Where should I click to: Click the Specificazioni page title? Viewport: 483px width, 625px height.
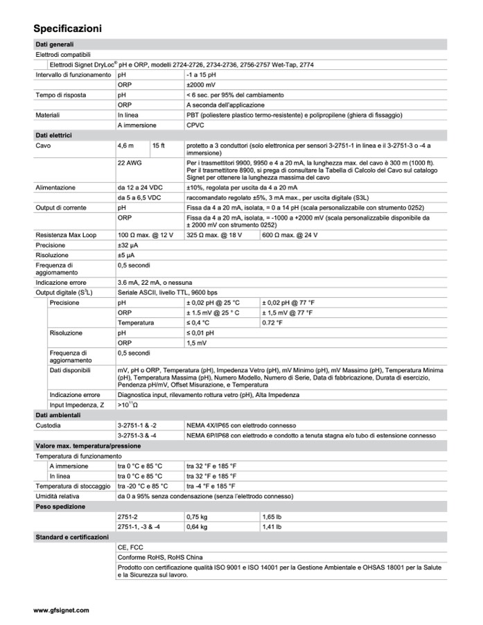pos(68,28)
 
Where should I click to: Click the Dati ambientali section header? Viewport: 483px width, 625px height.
pos(58,414)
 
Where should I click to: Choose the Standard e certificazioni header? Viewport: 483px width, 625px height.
pos(72,537)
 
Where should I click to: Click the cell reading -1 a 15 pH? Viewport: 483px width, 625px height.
pos(202,74)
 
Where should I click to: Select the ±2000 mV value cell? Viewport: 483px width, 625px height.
pos(200,84)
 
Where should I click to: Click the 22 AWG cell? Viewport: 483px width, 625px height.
pos(130,161)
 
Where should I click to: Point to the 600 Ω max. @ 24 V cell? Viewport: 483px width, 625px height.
pos(290,236)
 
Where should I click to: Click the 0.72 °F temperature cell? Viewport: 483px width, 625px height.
pos(273,323)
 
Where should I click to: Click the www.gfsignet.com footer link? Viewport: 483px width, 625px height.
pos(61,610)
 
